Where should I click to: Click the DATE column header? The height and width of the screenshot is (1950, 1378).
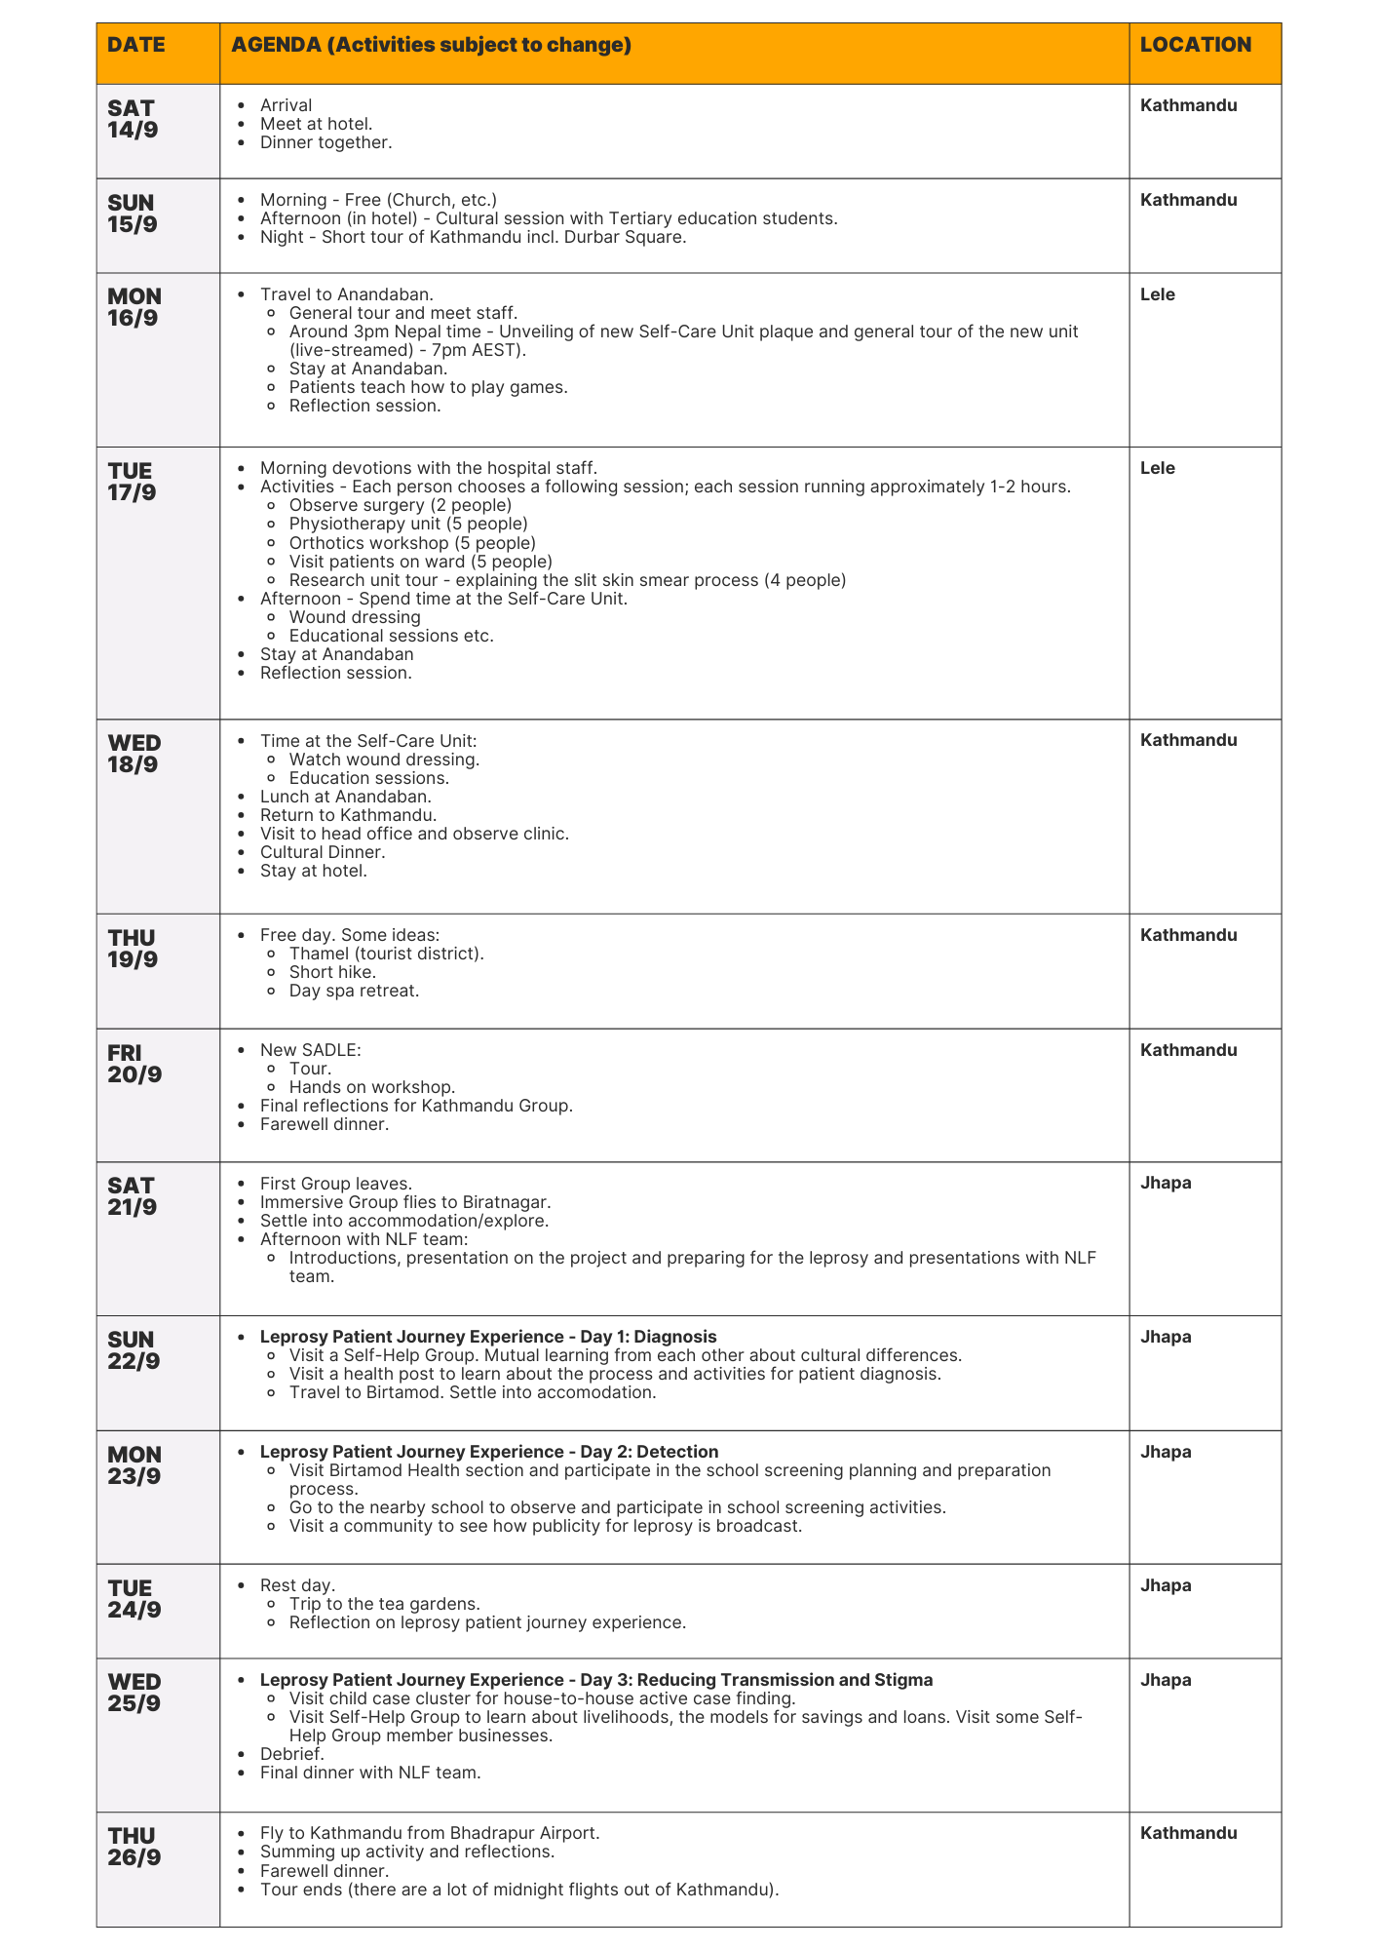[x=136, y=45]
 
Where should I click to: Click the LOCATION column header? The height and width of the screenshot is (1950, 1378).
[x=1196, y=45]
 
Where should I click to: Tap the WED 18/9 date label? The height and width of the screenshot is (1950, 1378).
[x=134, y=754]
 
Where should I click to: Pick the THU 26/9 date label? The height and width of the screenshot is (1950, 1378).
[x=134, y=1847]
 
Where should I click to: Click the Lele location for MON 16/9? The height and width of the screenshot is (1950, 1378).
[x=1158, y=294]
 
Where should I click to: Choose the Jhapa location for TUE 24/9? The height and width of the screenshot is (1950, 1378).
[x=1166, y=1585]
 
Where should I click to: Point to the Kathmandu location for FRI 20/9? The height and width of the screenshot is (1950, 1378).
[x=1189, y=1050]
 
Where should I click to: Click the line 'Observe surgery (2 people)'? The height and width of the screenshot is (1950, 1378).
[x=400, y=505]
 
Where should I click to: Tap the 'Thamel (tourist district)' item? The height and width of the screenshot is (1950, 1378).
[x=386, y=954]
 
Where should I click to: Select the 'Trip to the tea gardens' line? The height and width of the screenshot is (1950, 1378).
[x=384, y=1604]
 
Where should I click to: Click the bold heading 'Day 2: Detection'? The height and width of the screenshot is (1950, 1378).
[x=489, y=1452]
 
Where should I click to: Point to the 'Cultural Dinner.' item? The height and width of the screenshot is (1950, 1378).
[x=323, y=852]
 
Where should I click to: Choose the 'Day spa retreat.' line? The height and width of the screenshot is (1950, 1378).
[x=354, y=991]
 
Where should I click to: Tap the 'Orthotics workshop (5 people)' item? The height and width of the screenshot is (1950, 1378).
[x=412, y=542]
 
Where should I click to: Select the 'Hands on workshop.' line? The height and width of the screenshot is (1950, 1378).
[x=372, y=1086]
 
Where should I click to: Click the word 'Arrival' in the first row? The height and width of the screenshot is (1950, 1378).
[x=286, y=105]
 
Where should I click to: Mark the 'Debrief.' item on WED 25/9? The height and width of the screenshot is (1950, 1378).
[x=291, y=1754]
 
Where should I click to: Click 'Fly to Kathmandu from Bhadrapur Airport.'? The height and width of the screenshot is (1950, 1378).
[x=430, y=1833]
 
